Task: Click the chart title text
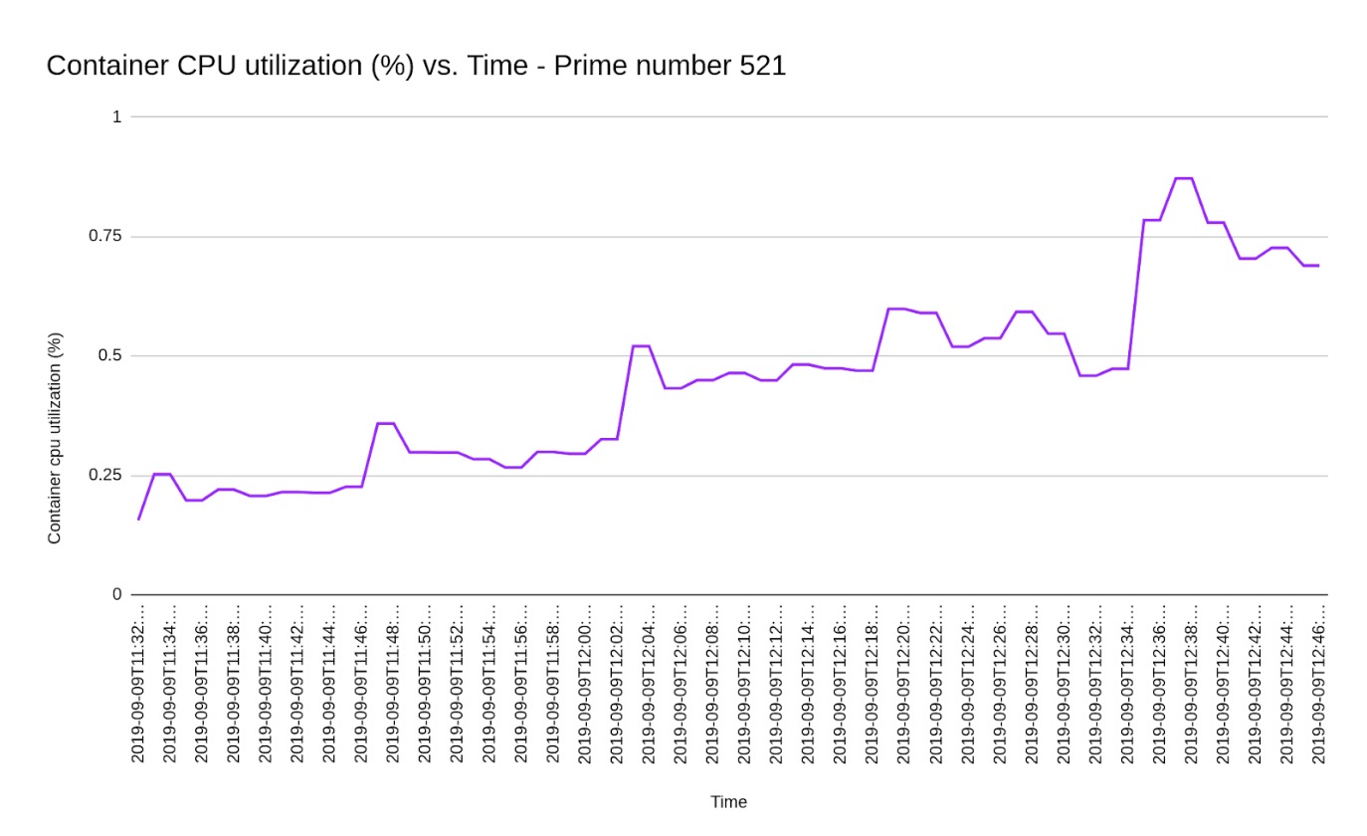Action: [x=416, y=67]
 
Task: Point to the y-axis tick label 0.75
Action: [x=102, y=236]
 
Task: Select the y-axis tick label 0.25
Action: [x=102, y=475]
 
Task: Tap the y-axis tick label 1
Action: [x=116, y=116]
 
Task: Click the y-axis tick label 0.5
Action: [x=108, y=355]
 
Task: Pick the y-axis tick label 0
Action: [x=116, y=594]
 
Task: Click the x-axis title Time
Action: [x=728, y=802]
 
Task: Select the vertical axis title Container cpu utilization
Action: [x=55, y=438]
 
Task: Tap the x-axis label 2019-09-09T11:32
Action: [x=138, y=683]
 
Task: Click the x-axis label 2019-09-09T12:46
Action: [x=1319, y=683]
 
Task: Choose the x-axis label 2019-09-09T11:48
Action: [x=393, y=683]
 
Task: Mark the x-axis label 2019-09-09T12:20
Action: [x=904, y=683]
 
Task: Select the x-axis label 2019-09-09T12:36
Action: [x=1159, y=683]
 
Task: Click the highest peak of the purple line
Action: [x=1183, y=178]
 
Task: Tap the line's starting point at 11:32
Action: [x=138, y=519]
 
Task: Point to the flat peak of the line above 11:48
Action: [x=385, y=423]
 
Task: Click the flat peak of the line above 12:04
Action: [x=641, y=346]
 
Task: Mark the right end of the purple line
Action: [x=1319, y=266]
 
